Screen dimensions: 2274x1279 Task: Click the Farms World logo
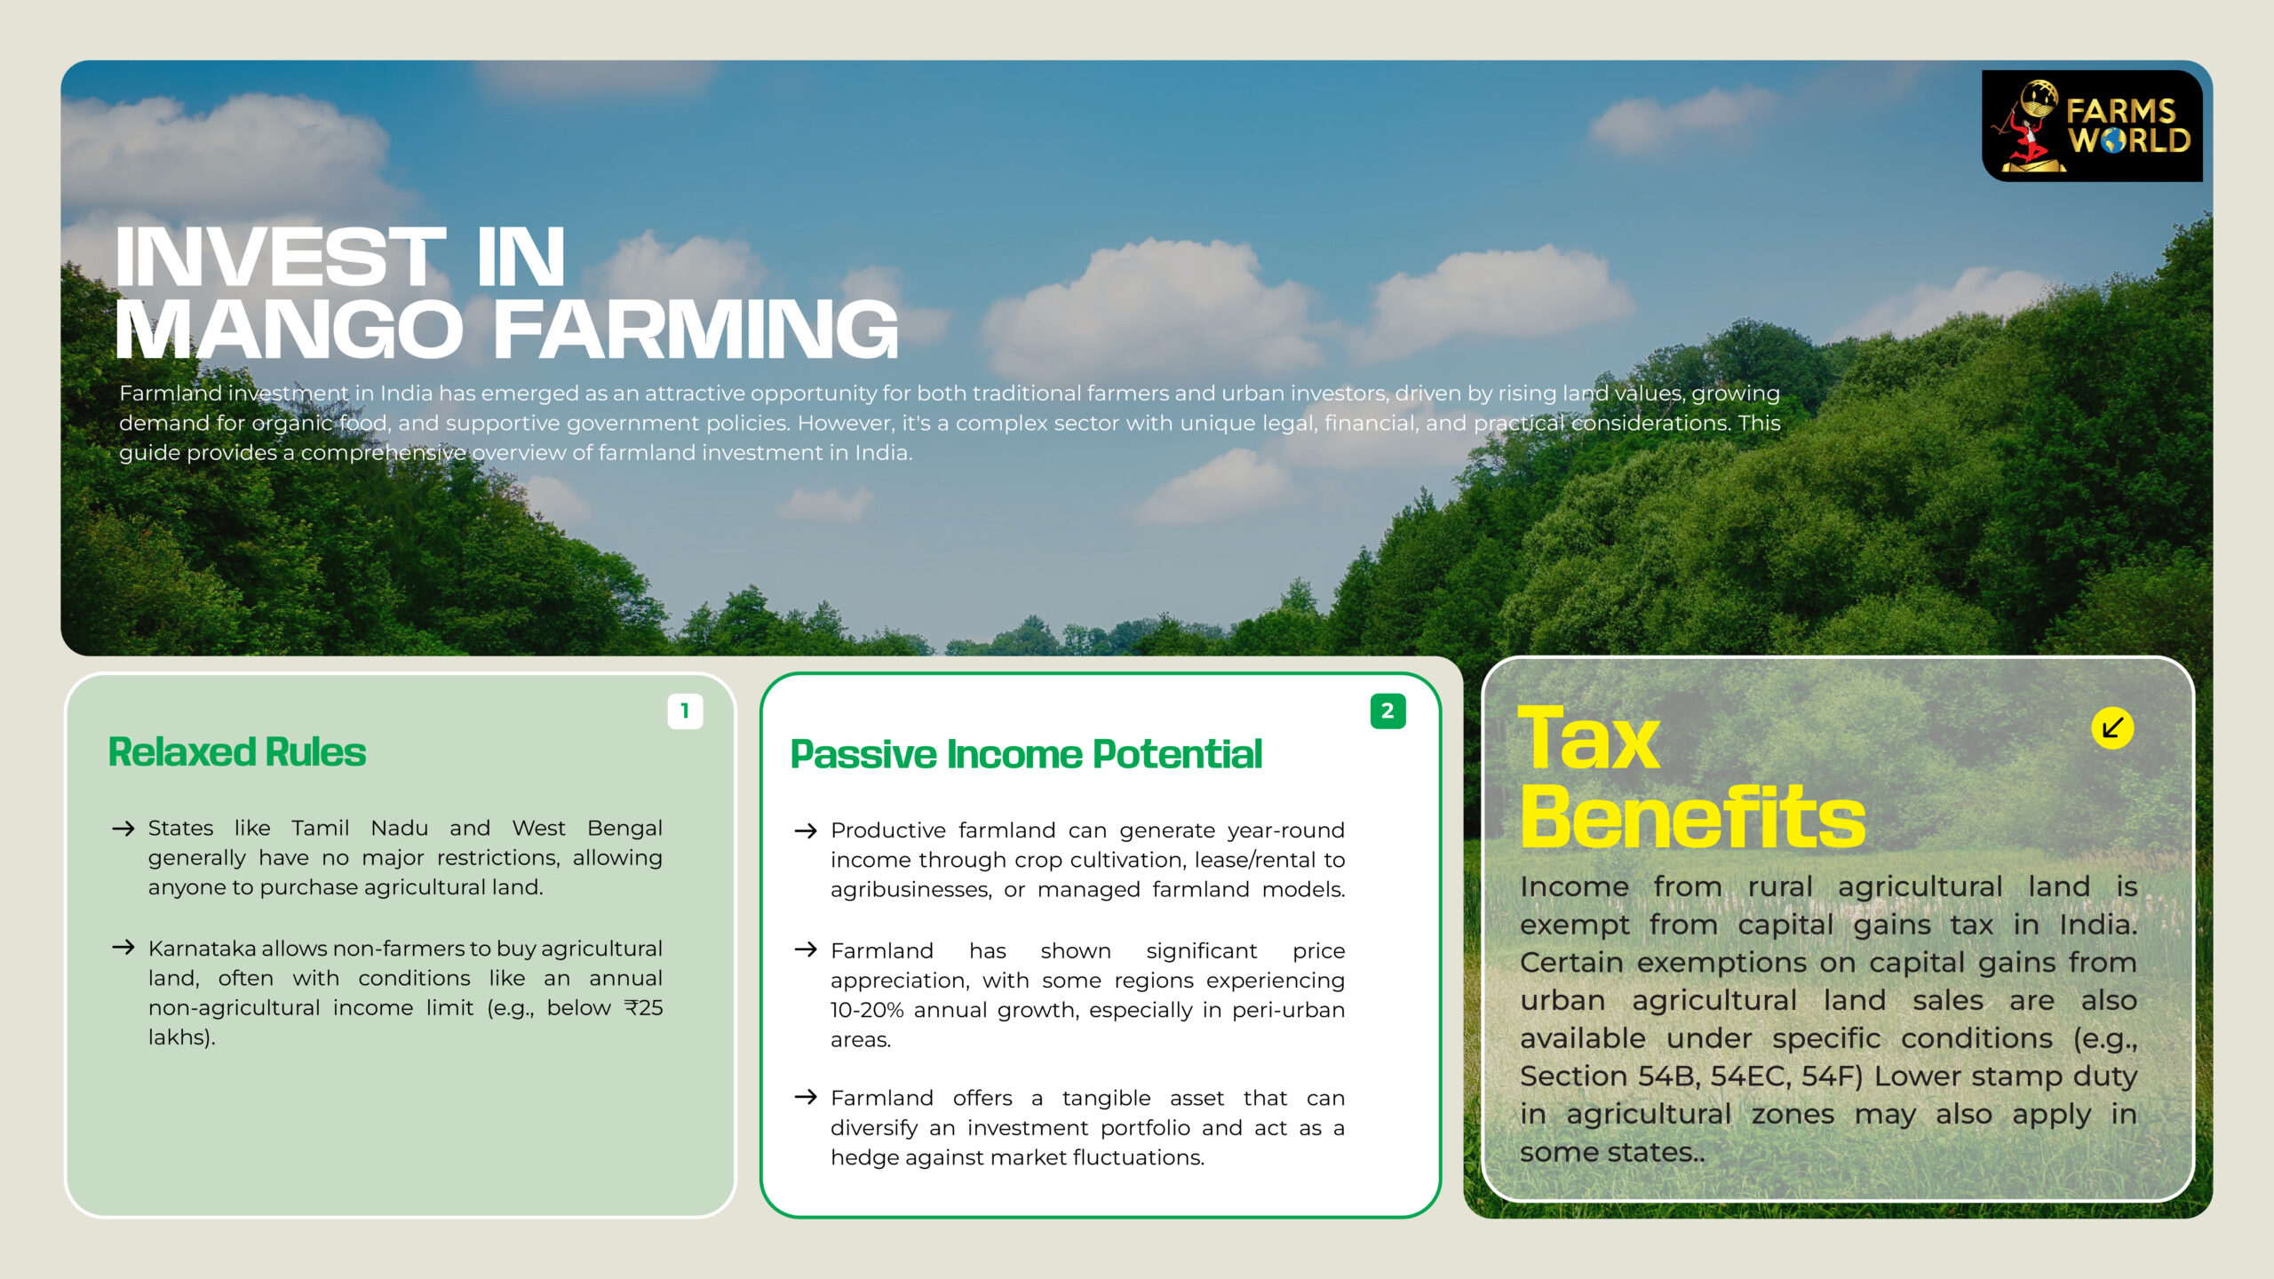tap(2092, 125)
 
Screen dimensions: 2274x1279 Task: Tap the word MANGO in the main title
tap(290, 330)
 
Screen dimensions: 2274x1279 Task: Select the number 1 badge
tap(685, 711)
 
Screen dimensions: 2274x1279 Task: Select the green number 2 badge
tap(1387, 711)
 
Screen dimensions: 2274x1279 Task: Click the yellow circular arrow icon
tap(2112, 728)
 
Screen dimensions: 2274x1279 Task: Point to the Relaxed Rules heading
tap(237, 752)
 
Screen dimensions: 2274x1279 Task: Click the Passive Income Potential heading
tap(1026, 755)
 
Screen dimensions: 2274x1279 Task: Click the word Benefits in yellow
tap(1692, 817)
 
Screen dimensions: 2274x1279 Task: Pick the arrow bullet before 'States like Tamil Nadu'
tap(123, 829)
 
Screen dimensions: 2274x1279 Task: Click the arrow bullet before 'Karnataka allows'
tap(123, 948)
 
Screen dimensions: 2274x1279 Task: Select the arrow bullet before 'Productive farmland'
tap(806, 830)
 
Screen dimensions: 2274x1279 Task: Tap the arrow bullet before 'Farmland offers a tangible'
tap(806, 1097)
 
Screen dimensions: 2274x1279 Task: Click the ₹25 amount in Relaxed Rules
tap(643, 1008)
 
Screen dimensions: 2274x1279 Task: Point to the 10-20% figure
tap(867, 1011)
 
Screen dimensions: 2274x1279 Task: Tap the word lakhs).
tap(182, 1037)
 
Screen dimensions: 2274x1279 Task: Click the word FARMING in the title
tap(696, 330)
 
